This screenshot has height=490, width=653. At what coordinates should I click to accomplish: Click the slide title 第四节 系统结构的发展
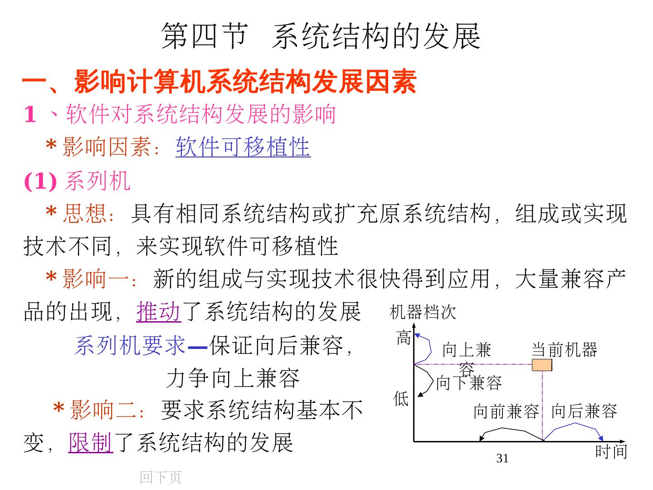pos(321,36)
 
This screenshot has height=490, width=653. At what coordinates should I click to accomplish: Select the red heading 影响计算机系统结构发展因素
pos(245,82)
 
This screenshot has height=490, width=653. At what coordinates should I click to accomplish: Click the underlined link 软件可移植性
pos(243,147)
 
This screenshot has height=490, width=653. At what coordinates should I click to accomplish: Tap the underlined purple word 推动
pos(159,312)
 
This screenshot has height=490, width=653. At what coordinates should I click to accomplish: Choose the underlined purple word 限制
pos(91,442)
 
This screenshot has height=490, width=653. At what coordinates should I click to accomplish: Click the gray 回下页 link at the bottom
pos(161,477)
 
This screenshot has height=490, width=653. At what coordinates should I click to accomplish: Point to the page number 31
pos(502,459)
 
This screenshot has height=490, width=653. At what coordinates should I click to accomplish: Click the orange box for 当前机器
pos(542,365)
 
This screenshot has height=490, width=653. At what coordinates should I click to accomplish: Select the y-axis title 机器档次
pos(423,312)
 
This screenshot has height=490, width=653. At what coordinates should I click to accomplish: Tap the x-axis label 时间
pos(611,452)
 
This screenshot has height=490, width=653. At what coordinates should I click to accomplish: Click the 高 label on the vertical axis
pos(404,338)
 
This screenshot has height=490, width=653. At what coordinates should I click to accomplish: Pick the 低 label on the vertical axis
pos(401,399)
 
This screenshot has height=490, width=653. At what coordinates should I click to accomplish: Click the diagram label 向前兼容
pos(506,412)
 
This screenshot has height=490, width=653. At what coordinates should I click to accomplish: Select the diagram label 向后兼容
pos(584,411)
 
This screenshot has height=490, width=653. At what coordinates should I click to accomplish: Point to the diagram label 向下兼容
pos(469,383)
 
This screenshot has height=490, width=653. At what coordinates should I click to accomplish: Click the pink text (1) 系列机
pos(77,181)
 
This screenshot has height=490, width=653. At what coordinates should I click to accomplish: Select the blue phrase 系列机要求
pos(130,346)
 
